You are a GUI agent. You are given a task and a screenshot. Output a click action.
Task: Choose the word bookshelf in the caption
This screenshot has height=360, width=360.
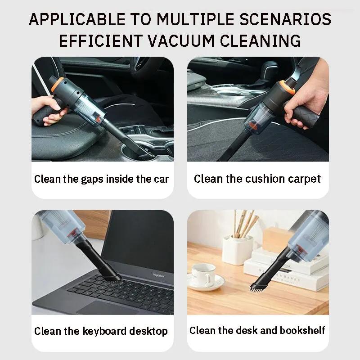[301, 331]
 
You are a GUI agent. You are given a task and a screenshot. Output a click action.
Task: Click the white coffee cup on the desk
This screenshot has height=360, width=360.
[203, 275]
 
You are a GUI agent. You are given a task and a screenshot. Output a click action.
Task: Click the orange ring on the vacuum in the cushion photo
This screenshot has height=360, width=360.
[287, 86]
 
